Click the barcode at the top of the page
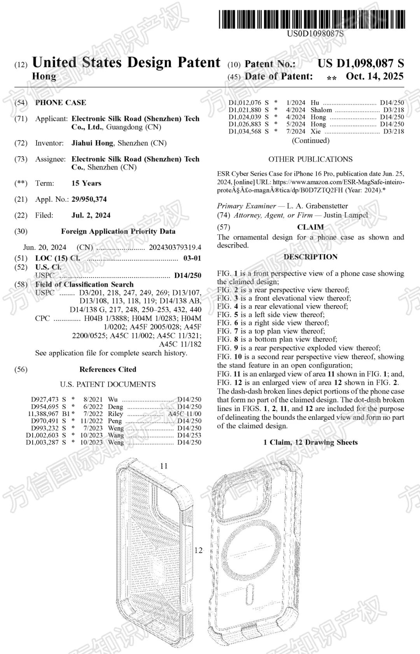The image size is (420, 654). click(312, 19)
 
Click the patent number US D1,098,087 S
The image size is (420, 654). click(360, 63)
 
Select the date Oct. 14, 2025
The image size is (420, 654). click(374, 77)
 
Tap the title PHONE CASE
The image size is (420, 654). click(61, 103)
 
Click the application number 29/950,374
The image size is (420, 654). click(89, 199)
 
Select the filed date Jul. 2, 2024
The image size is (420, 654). click(91, 215)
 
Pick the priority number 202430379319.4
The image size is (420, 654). click(175, 247)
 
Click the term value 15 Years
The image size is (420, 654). click(86, 183)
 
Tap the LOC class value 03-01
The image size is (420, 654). click(192, 258)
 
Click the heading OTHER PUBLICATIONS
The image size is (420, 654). click(310, 159)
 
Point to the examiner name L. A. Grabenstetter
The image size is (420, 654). click(317, 206)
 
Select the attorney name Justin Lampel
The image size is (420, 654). click(345, 215)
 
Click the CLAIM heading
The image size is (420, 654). click(310, 227)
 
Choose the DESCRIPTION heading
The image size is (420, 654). click(310, 257)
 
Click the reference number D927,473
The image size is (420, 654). click(45, 399)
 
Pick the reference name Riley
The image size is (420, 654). click(115, 414)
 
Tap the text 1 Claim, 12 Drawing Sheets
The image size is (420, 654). click(310, 442)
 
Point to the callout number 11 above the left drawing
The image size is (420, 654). click(164, 466)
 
